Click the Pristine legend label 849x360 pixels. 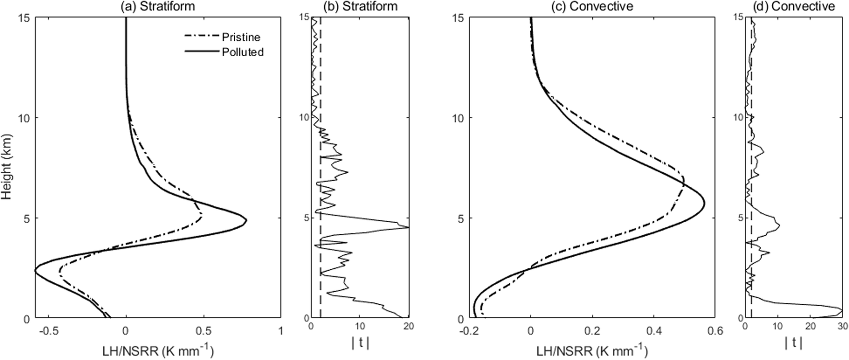pos(241,37)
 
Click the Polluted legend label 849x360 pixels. pos(243,52)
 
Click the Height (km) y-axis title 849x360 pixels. pos(7,167)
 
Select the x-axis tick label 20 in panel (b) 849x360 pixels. pos(408,327)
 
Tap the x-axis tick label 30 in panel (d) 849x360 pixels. pos(843,327)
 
